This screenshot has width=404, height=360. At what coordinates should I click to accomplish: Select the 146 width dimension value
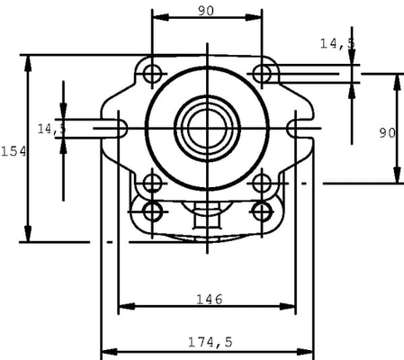click(208, 298)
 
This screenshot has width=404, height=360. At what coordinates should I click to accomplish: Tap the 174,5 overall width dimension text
click(210, 342)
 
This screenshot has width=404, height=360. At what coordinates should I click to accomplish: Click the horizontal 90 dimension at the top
click(205, 11)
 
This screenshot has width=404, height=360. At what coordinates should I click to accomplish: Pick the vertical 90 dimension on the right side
click(387, 132)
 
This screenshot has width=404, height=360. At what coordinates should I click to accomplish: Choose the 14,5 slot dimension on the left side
click(51, 130)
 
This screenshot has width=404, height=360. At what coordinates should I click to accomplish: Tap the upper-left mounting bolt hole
click(152, 72)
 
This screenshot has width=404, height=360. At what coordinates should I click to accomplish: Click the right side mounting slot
click(301, 128)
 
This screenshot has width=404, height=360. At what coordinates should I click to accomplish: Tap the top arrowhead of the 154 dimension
click(28, 59)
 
